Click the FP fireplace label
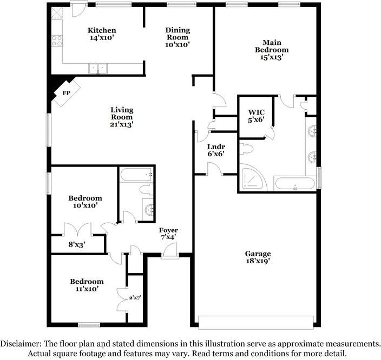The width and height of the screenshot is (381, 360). point(67,92)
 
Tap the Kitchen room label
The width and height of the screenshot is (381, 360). point(102,30)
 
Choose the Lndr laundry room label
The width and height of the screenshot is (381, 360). point(215,146)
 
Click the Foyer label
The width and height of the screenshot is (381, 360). point(168,230)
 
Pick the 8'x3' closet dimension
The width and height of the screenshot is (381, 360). point(76,244)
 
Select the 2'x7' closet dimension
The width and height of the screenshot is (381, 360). point(134,297)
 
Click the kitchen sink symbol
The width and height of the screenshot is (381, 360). point(98,68)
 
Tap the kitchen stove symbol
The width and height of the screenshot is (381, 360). point(56,39)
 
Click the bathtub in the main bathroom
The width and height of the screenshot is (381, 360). point(294,183)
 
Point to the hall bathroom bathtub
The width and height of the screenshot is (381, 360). point(136,175)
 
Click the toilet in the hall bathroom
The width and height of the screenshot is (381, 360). point(145,190)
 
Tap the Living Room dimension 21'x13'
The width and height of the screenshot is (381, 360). point(122,124)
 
